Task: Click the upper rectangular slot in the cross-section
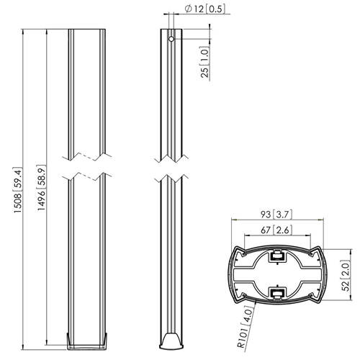coord(275,254)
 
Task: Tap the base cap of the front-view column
coord(87,340)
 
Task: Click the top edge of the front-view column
coord(87,30)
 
